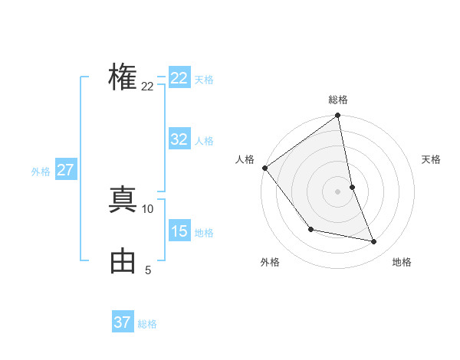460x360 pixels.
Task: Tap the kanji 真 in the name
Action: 123,199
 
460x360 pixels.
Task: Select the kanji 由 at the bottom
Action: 123,262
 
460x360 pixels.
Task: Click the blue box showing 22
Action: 179,78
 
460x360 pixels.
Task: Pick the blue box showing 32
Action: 179,139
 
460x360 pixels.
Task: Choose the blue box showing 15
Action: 179,231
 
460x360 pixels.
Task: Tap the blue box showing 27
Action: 65,170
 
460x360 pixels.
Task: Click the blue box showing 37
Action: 123,322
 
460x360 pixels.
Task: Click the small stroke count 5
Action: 148,270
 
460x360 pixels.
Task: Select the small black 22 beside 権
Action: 147,87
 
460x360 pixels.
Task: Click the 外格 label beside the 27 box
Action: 41,172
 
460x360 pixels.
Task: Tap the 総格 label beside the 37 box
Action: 147,324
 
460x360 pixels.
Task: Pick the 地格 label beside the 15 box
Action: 204,233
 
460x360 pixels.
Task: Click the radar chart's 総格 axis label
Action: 338,100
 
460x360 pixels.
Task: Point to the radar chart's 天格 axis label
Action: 432,159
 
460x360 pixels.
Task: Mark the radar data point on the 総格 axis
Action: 338,116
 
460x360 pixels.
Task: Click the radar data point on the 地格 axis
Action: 374,242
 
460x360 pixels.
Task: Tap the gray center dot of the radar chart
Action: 338,191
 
